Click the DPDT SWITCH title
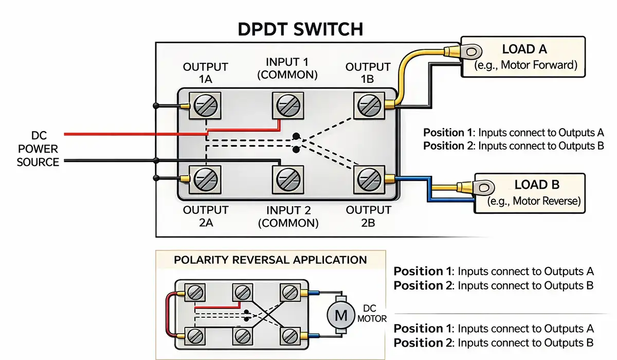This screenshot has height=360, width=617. click(x=300, y=29)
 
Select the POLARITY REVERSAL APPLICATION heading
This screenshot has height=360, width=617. click(x=270, y=260)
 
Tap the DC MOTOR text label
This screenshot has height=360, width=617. click(x=372, y=314)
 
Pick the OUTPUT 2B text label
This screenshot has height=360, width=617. click(x=369, y=216)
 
